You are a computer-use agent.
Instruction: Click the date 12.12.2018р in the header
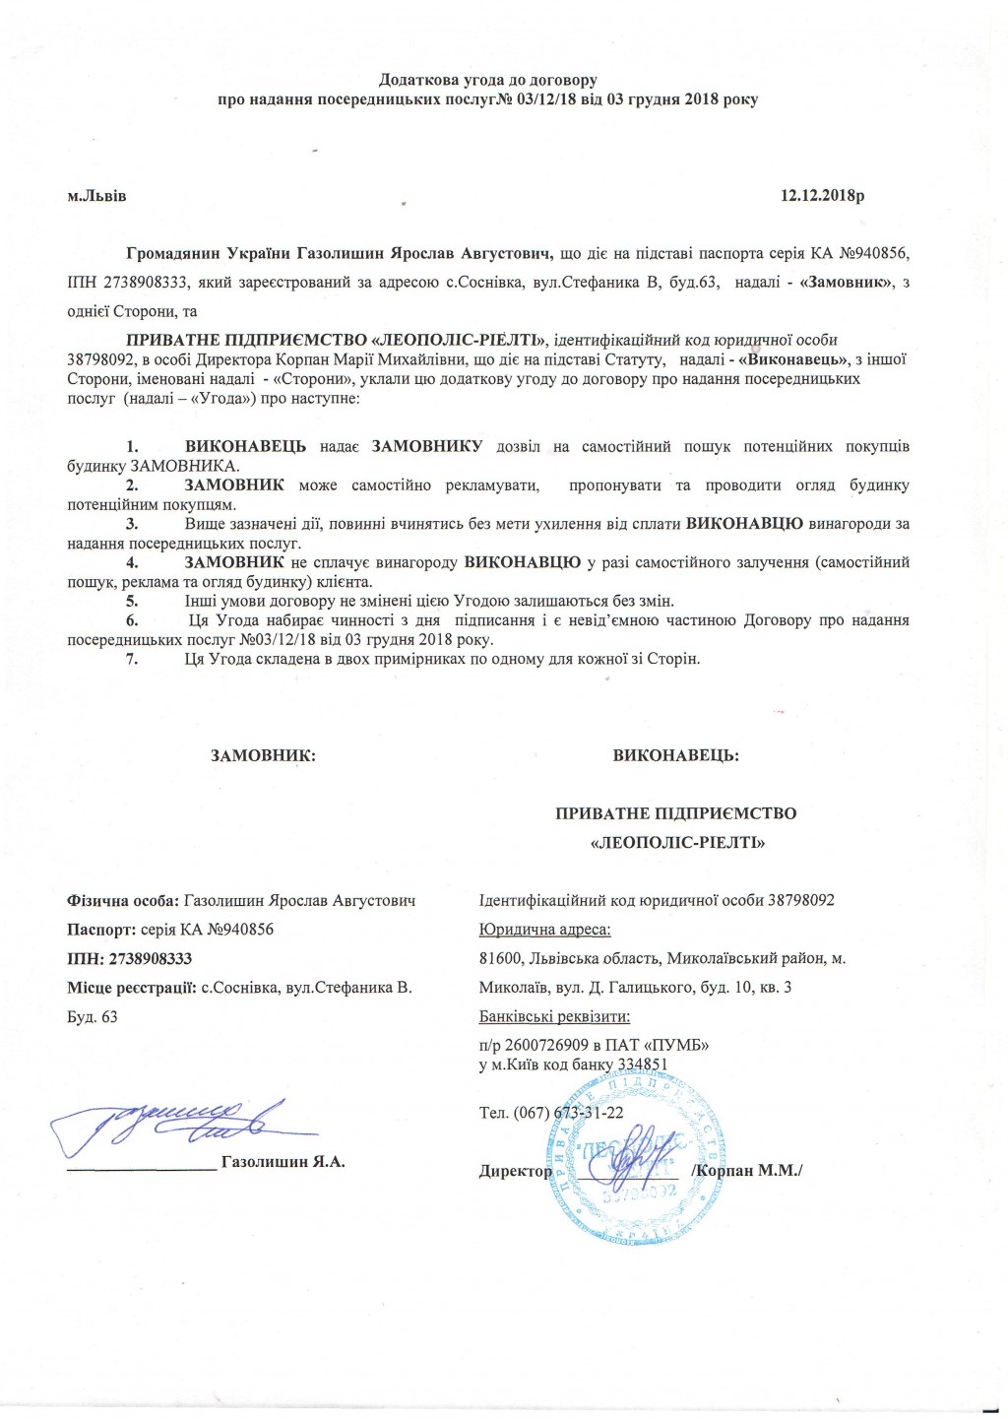pyautogui.click(x=822, y=196)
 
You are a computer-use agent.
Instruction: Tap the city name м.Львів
pyautogui.click(x=96, y=196)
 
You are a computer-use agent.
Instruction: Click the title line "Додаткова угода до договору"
pyautogui.click(x=488, y=80)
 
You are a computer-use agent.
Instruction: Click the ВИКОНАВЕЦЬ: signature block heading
pyautogui.click(x=675, y=756)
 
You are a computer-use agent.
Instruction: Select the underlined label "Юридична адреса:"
pyautogui.click(x=544, y=930)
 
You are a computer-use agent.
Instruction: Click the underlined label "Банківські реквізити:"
pyautogui.click(x=554, y=1016)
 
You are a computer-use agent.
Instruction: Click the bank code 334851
pyautogui.click(x=643, y=1065)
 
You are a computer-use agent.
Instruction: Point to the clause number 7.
pyautogui.click(x=131, y=659)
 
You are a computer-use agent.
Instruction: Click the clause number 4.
pyautogui.click(x=131, y=562)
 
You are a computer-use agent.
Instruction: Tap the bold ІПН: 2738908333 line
pyautogui.click(x=129, y=958)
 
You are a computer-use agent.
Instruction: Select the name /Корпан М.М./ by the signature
pyautogui.click(x=747, y=1171)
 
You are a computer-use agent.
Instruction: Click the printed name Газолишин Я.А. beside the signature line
pyautogui.click(x=283, y=1162)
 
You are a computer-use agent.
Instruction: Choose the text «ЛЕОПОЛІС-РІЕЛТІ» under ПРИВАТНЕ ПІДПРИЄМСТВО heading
pyautogui.click(x=675, y=844)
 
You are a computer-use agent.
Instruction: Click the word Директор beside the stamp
pyautogui.click(x=515, y=1171)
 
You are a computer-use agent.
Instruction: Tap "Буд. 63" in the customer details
pyautogui.click(x=92, y=1016)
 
